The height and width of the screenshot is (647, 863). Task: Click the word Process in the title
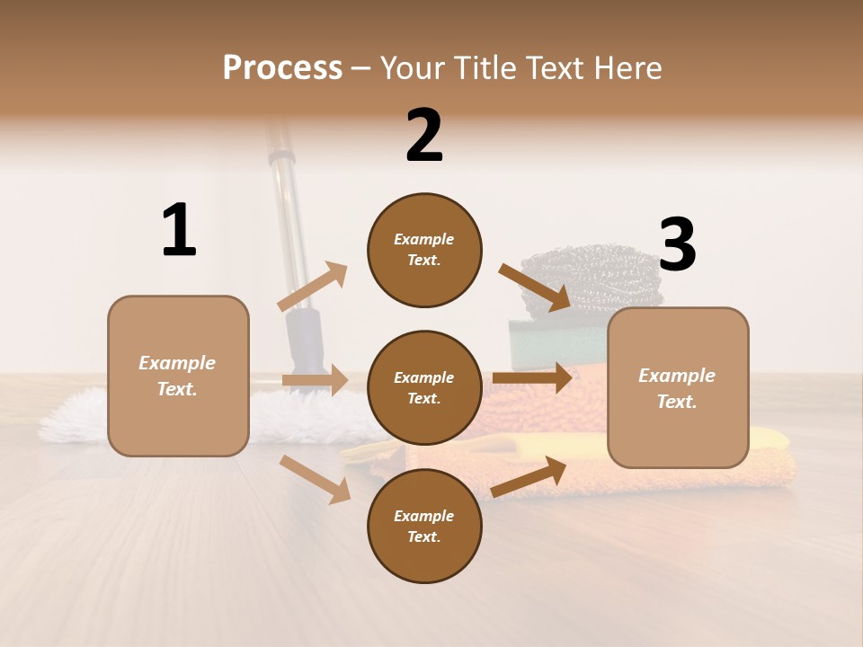coord(282,68)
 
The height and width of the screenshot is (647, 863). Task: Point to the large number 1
coord(179,231)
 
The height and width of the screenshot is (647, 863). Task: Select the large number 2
coord(424,136)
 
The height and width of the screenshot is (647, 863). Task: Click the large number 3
coord(677,246)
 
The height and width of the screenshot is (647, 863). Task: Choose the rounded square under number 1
coord(178,376)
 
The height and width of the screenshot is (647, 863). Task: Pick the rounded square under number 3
coord(678,387)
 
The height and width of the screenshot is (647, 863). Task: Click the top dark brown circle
coord(424,250)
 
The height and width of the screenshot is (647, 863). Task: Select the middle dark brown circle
coord(424,387)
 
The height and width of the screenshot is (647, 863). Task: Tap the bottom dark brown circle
coord(424,526)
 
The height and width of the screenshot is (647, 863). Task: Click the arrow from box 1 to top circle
coord(312,288)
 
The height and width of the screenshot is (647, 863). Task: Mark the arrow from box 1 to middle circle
coord(315,380)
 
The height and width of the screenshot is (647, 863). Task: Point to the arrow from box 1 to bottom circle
coord(316,478)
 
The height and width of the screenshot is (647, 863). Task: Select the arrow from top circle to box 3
coord(534,287)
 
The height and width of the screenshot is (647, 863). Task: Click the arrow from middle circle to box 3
coord(532,378)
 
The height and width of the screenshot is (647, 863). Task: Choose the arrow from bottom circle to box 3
coord(529,477)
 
